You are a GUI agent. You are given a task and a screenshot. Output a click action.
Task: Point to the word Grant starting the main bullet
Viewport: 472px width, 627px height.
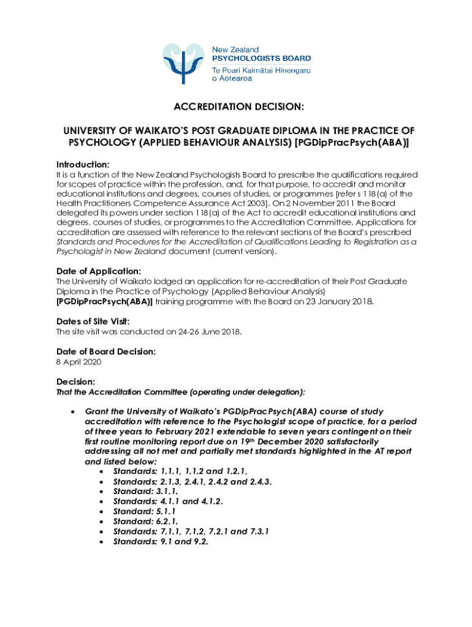point(97,411)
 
